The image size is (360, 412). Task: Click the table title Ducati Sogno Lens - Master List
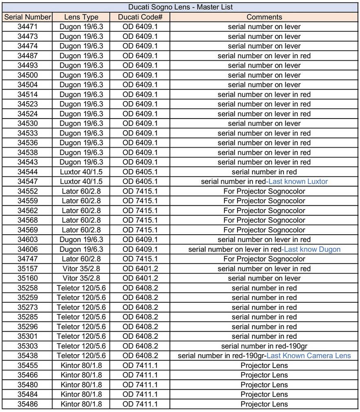click(180, 7)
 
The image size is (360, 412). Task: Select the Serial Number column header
click(28, 17)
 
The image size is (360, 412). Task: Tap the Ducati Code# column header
click(140, 17)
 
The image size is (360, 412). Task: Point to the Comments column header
click(264, 17)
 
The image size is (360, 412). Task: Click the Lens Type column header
click(81, 17)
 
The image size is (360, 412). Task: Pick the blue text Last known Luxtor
click(298, 181)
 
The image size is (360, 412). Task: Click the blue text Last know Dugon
click(312, 249)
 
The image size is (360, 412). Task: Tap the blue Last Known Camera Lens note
click(309, 356)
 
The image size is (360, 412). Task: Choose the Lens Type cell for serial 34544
click(81, 172)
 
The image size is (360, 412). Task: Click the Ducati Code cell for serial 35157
click(140, 269)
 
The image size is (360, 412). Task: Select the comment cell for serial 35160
click(264, 278)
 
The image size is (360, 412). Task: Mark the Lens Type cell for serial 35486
click(81, 404)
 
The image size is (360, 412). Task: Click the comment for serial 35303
click(264, 346)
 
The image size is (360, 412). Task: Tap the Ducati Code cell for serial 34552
click(140, 191)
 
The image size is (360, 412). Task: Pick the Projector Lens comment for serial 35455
click(264, 366)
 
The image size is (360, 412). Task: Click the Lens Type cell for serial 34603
click(81, 240)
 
